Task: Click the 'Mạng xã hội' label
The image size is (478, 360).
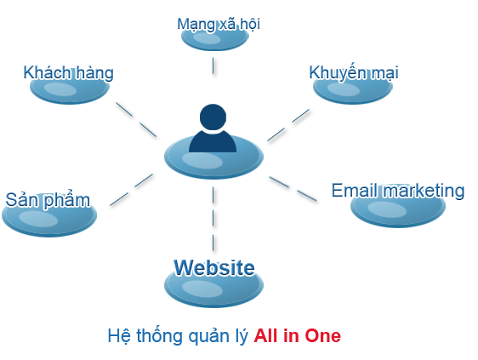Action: click(x=219, y=25)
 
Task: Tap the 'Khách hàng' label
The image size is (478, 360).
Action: click(x=69, y=73)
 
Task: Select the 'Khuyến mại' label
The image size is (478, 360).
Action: click(x=354, y=73)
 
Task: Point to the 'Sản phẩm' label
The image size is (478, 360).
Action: click(x=48, y=201)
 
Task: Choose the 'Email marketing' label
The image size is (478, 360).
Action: click(x=398, y=191)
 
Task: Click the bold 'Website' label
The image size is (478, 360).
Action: click(x=214, y=268)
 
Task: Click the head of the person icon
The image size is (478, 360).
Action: click(x=213, y=117)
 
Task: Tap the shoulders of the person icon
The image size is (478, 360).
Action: click(x=213, y=141)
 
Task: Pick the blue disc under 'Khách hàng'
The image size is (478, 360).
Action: click(x=70, y=90)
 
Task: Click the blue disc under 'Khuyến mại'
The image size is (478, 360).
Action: click(x=353, y=90)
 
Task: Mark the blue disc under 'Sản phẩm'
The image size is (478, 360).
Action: click(x=49, y=217)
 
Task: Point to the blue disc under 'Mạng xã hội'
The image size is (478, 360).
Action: click(x=215, y=38)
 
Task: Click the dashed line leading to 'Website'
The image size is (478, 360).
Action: click(x=213, y=219)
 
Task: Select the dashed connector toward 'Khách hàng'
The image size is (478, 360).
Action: click(x=136, y=119)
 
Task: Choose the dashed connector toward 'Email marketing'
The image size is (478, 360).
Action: click(x=293, y=189)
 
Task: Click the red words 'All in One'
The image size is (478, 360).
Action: click(x=297, y=336)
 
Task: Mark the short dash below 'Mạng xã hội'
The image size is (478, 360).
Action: click(x=213, y=66)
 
